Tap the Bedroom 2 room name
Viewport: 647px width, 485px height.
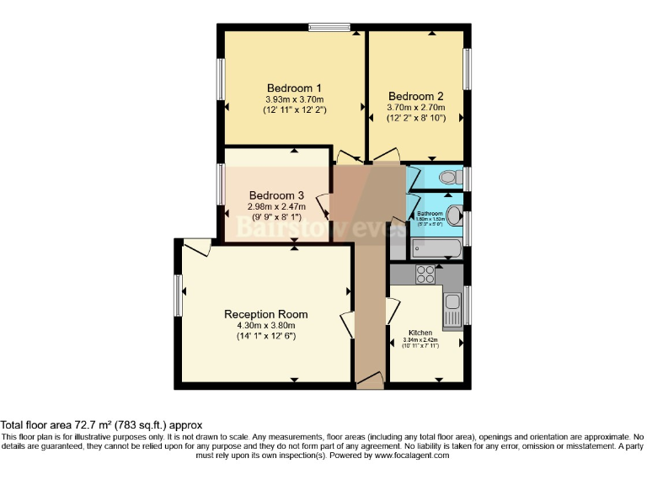tap(415, 96)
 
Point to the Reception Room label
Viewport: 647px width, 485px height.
tap(265, 314)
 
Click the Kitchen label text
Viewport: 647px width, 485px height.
tap(420, 333)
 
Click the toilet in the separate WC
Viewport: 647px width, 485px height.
tap(449, 177)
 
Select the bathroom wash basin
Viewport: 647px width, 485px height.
tap(453, 216)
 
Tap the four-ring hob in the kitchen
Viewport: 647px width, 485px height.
tap(425, 274)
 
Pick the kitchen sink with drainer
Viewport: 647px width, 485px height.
tap(452, 307)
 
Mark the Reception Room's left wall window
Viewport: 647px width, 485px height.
tap(179, 296)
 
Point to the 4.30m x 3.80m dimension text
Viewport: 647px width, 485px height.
tap(265, 326)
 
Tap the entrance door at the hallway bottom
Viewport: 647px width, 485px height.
tap(369, 383)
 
